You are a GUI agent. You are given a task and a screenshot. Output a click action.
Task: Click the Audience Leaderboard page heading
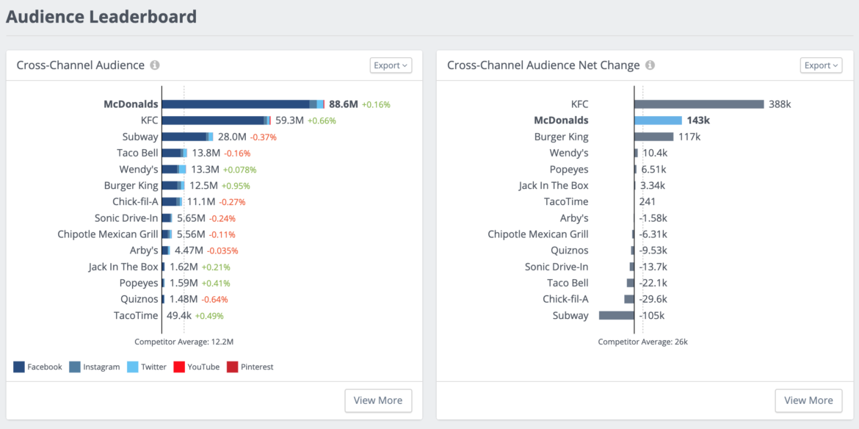(101, 16)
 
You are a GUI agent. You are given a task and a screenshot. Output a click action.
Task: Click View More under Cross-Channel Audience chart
(378, 400)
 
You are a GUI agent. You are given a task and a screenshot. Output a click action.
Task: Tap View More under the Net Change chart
(808, 400)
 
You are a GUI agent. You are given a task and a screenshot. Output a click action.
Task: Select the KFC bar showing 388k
(699, 104)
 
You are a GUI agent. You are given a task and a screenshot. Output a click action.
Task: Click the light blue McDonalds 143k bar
(658, 120)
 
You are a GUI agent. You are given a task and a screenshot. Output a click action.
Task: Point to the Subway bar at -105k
(617, 315)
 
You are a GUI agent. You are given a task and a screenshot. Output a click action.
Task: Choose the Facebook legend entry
(38, 367)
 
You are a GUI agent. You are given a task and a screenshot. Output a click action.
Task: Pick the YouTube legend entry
(196, 367)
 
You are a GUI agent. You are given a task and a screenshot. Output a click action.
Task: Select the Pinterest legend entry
(250, 367)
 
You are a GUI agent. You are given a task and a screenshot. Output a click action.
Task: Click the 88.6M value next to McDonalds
(343, 104)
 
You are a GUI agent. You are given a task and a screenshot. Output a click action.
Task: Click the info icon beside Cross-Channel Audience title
(155, 65)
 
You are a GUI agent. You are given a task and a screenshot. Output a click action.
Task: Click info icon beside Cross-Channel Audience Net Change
(650, 65)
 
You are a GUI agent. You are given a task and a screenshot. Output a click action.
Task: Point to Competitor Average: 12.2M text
(184, 342)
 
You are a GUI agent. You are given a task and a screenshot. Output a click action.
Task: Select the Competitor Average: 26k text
(642, 342)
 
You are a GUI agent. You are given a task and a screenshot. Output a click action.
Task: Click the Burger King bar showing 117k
(653, 137)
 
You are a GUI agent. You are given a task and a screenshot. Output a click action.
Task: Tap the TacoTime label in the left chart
(136, 315)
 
